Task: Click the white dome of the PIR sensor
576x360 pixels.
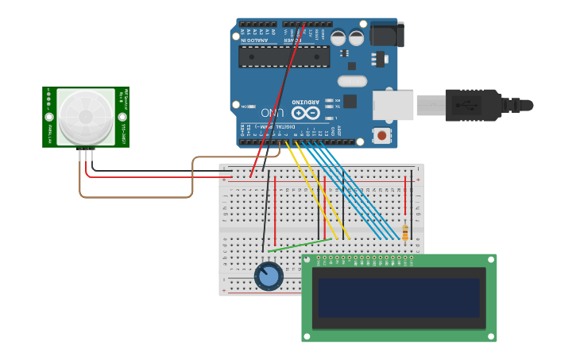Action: pos(86,117)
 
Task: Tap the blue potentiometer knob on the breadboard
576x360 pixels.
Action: pos(269,277)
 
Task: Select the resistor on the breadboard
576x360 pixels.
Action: pos(405,232)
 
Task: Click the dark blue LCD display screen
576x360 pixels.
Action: pos(399,297)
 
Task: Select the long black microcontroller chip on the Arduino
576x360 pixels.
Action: pos(284,56)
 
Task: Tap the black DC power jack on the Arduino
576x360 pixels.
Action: pos(386,34)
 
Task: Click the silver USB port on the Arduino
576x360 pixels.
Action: pos(394,105)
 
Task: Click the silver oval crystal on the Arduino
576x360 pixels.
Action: pos(352,80)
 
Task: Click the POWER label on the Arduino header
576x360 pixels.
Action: pos(293,40)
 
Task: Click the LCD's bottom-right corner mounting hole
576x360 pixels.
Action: pos(491,337)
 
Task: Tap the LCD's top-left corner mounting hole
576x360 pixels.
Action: pos(307,260)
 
